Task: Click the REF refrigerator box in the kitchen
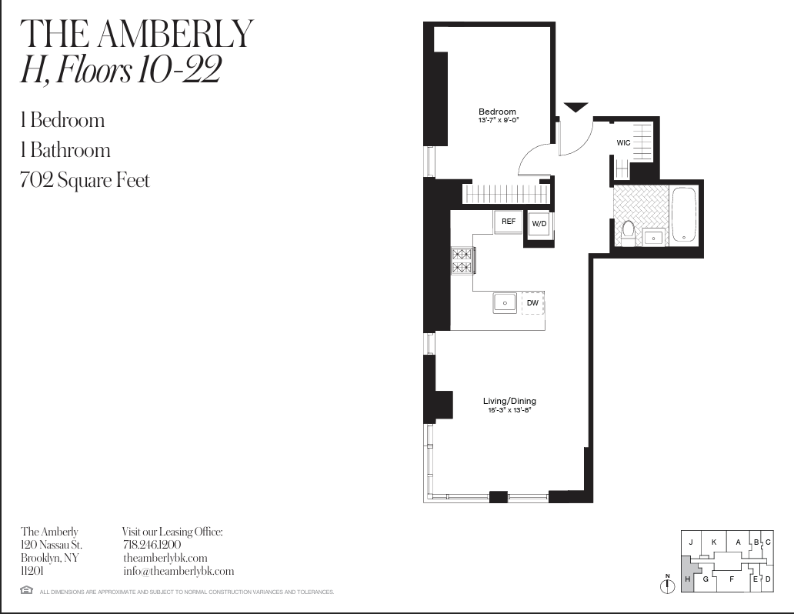pyautogui.click(x=508, y=222)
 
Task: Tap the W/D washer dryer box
pyautogui.click(x=539, y=224)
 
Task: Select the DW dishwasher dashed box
pyautogui.click(x=532, y=302)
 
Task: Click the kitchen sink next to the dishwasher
pyautogui.click(x=505, y=302)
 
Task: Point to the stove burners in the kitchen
pyautogui.click(x=462, y=260)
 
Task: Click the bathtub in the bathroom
pyautogui.click(x=683, y=215)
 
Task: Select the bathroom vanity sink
pyautogui.click(x=653, y=237)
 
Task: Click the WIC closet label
pyautogui.click(x=623, y=143)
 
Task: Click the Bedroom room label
pyautogui.click(x=497, y=112)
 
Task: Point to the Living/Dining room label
pyautogui.click(x=509, y=401)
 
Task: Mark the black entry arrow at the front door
pyautogui.click(x=575, y=108)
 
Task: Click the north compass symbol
pyautogui.click(x=668, y=586)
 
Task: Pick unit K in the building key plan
pyautogui.click(x=714, y=542)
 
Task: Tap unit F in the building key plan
pyautogui.click(x=732, y=579)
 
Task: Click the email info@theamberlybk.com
pyautogui.click(x=178, y=572)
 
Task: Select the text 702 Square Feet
pyautogui.click(x=85, y=181)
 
